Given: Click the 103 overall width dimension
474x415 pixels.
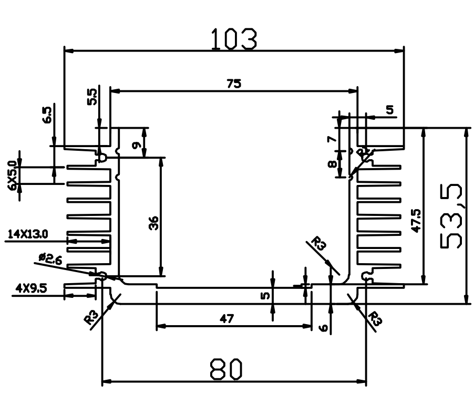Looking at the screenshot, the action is pos(234,39).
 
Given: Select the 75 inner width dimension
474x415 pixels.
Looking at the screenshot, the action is pos(234,84).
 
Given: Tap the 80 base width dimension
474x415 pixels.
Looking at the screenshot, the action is pos(226,369).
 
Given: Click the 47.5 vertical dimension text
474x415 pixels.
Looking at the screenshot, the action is pos(416,221).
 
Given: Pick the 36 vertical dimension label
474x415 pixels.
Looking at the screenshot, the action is pos(154,223).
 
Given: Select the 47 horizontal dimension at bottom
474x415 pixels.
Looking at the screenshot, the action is pos(226,318).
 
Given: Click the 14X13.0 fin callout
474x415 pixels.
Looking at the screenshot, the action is pos(27,234).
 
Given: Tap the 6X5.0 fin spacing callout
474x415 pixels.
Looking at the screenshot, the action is pos(13,175).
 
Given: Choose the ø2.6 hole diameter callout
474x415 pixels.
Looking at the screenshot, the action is pos(50,259).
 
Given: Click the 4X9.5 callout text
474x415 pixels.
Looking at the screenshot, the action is pos(32,288).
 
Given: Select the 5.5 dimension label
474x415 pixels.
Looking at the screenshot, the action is pos(92,97).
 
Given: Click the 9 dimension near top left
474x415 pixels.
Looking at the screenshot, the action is pos(137,146).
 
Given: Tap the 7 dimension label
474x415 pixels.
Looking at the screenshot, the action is pos(332,139).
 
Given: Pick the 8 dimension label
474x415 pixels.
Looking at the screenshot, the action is pos(332,164).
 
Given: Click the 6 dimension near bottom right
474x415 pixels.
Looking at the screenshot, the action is pos(324,328).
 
